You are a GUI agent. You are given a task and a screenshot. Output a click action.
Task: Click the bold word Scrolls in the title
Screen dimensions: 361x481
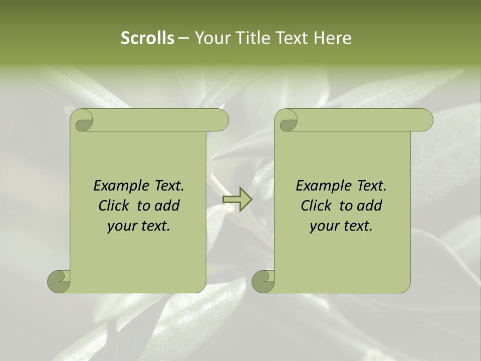147,38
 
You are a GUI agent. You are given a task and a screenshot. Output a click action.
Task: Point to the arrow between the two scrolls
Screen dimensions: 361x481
237,200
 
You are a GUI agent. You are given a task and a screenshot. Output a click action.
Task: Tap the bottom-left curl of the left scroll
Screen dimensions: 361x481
59,281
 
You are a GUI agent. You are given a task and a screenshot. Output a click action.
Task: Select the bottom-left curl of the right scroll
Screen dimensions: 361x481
264,281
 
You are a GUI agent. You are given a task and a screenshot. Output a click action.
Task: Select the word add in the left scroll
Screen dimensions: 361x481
167,206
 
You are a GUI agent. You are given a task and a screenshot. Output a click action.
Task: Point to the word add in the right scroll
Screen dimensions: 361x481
369,206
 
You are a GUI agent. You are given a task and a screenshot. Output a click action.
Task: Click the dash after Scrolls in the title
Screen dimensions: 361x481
183,38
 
